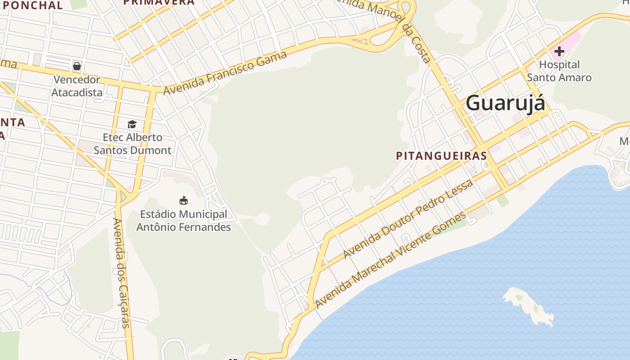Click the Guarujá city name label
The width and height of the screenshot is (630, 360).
[x=505, y=103]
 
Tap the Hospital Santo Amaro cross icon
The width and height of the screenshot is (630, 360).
[x=559, y=51]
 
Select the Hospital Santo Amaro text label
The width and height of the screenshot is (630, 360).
[x=559, y=71]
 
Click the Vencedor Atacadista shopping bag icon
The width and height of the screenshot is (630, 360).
[x=77, y=67]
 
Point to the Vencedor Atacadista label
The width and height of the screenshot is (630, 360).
[x=76, y=86]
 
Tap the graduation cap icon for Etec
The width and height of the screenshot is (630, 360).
[x=132, y=124]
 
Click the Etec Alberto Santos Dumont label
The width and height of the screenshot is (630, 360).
[x=132, y=144]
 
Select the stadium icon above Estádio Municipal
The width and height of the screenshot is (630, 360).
[x=184, y=201]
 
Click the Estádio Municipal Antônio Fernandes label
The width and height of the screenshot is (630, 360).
[x=184, y=220]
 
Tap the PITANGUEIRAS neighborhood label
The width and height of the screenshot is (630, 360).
[x=441, y=156]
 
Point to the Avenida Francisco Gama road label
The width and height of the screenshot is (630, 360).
[x=225, y=73]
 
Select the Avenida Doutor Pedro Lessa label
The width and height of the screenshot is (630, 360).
[x=408, y=219]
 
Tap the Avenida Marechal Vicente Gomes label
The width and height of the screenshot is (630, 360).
[x=391, y=260]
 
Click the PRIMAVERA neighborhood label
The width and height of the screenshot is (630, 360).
[x=159, y=2]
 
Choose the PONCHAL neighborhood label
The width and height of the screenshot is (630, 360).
[x=31, y=5]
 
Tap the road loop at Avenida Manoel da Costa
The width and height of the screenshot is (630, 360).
[x=406, y=11]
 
